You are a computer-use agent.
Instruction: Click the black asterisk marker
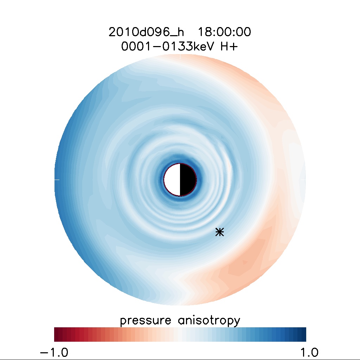220,232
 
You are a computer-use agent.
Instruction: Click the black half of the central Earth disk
188,180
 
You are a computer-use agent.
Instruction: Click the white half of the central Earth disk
172,180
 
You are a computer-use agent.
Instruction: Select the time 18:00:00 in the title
224,32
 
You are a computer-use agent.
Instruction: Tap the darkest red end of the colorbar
56,334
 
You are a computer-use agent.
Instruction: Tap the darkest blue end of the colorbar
304,334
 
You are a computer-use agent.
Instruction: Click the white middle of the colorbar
180,334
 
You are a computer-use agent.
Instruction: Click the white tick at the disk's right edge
303,180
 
